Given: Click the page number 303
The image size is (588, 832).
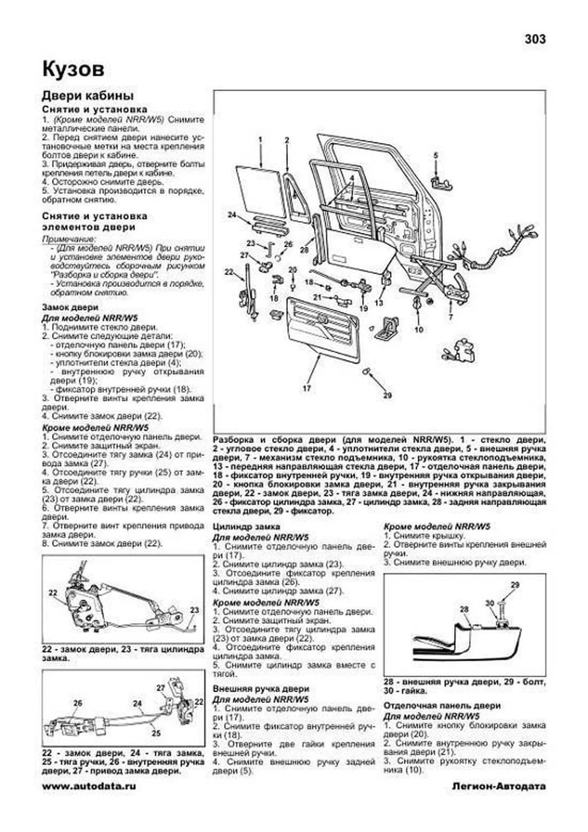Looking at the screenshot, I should coord(535,39).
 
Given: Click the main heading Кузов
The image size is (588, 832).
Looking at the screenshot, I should coord(73,69).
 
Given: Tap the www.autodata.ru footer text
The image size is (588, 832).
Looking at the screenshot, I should coord(89,786).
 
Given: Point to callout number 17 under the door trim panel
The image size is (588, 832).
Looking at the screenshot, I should coord(307,388).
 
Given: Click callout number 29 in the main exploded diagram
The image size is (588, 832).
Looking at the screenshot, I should coord(387,395).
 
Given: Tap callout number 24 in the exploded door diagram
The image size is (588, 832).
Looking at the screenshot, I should coord(232,214).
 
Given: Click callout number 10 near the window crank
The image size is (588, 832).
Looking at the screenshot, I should coord(418,329).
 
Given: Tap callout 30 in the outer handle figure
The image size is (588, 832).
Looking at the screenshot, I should coord(490,604).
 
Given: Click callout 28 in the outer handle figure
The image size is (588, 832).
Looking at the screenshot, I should coord(464,609).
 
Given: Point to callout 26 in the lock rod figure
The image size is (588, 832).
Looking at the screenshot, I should coord(77,703).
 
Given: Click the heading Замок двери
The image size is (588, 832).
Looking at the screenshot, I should coord(70,307).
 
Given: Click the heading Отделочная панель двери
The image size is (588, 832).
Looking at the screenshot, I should coord(442,706).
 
